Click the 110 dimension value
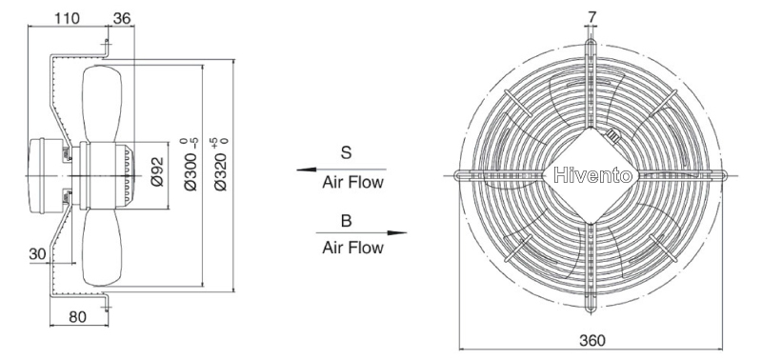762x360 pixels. (x=67, y=18)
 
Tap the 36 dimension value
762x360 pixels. (x=122, y=18)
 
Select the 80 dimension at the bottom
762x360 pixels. (x=77, y=317)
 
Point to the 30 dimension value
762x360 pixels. (x=37, y=253)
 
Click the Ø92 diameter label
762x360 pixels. (x=157, y=172)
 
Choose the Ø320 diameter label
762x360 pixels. (x=221, y=164)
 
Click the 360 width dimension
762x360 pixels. (x=592, y=340)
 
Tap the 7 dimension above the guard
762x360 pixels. (x=592, y=17)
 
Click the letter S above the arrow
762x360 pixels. (x=346, y=152)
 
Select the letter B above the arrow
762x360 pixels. (x=346, y=221)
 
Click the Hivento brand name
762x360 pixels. (x=592, y=175)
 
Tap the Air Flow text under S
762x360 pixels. (x=352, y=183)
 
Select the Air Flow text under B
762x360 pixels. (x=352, y=248)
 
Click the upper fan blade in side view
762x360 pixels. (x=102, y=103)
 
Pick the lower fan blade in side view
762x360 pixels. (x=102, y=248)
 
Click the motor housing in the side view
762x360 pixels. (x=46, y=175)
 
